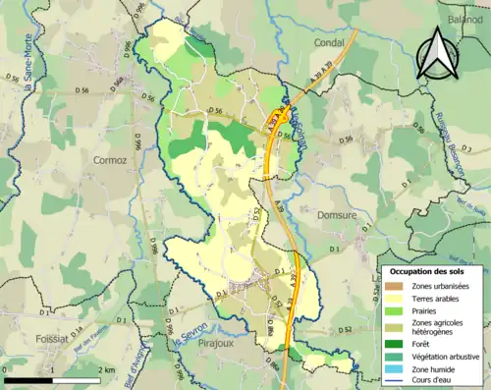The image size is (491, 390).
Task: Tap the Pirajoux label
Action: [210, 346]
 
